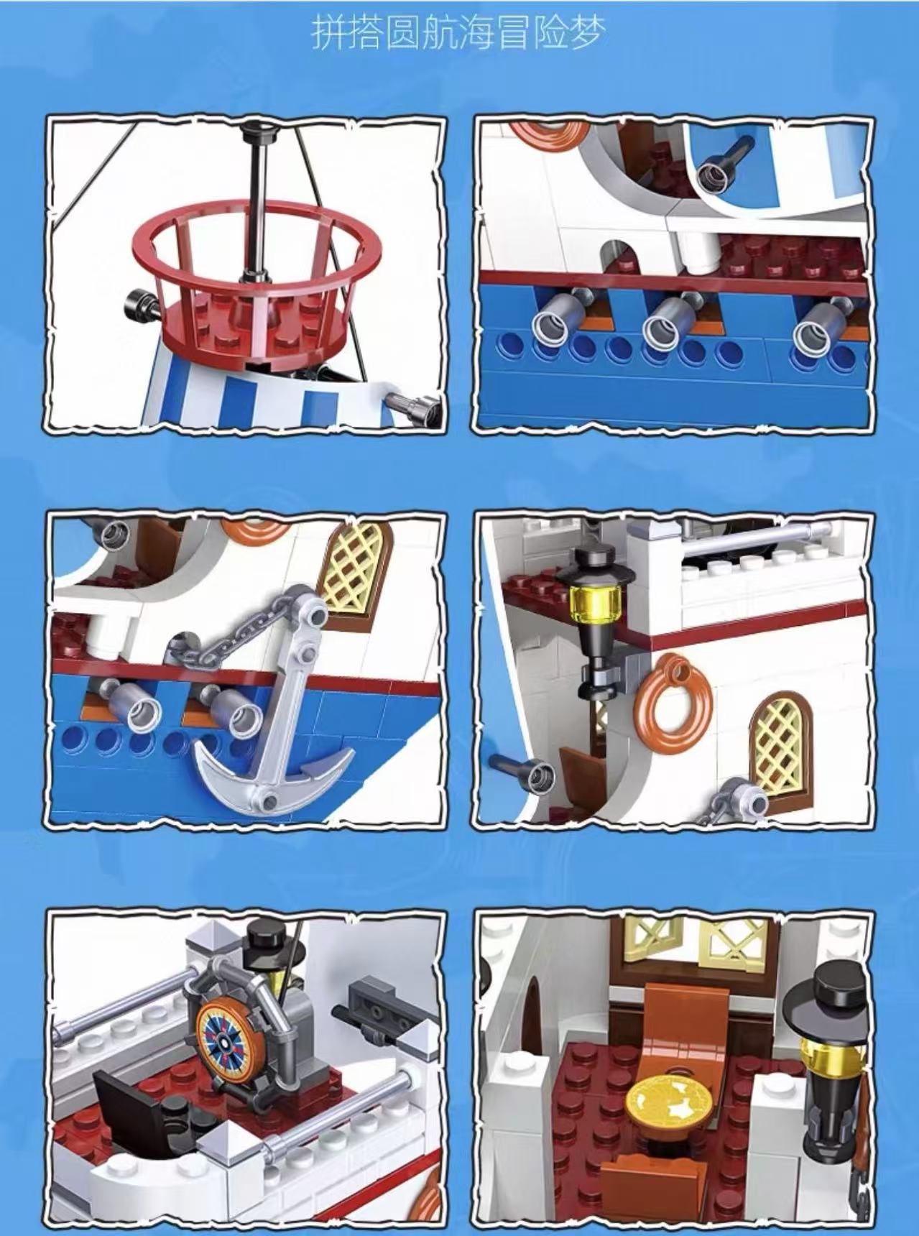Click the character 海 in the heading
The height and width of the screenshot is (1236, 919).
click(x=476, y=34)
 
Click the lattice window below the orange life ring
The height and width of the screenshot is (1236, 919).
click(x=778, y=744)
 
